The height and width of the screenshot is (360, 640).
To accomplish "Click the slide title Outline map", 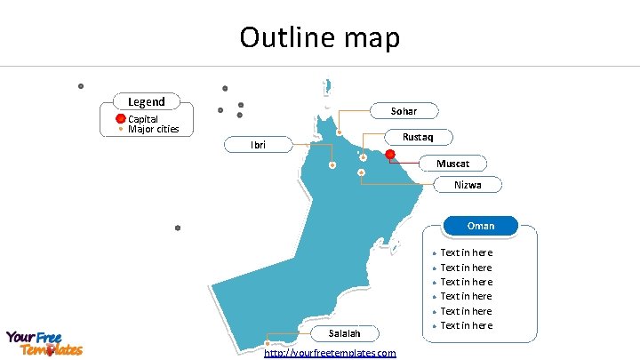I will pos(320,37).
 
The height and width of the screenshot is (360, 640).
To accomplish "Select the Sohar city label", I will pos(404,111).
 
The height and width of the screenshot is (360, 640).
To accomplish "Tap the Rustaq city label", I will pos(418,137).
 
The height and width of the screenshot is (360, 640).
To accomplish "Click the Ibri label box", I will pos(258,145).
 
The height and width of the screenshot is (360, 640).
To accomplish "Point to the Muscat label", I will pos(459,164).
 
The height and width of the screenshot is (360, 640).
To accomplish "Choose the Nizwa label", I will pos(468,185).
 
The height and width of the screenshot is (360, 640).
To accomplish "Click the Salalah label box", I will pos(344,333).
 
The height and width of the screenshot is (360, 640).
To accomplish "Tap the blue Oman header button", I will pos(481,226).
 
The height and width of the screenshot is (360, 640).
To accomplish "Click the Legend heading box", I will pos(146,102).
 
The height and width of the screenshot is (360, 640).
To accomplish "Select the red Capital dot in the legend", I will pos(121,118).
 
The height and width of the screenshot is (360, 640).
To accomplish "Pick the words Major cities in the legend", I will pos(153,129).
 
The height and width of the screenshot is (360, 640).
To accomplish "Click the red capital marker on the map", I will pos(389,154).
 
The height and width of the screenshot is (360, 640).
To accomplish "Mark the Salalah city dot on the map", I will pos(268,345).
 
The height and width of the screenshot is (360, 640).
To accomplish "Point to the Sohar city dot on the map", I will pos(340,132).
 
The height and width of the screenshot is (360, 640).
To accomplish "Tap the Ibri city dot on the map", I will pos(332,165).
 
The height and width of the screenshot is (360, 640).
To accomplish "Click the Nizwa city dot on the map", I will pos(362,172).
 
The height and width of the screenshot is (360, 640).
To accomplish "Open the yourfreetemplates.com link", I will pos(331,353).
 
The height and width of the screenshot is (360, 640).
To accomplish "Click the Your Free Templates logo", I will pos(44,343).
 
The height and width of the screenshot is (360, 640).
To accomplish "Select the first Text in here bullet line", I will pos(466,253).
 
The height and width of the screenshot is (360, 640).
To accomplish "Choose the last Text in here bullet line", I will pos(466,325).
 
